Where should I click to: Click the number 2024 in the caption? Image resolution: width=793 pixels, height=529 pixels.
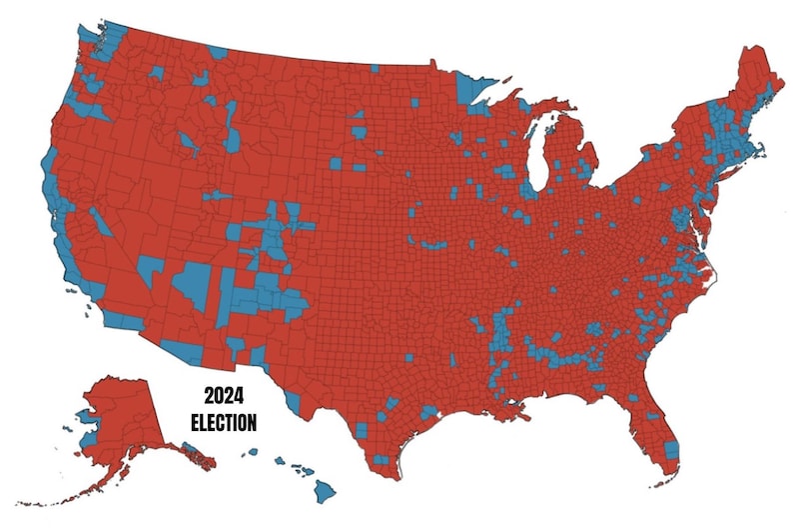(x=223, y=397)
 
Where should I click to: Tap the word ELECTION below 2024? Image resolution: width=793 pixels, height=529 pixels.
(x=223, y=421)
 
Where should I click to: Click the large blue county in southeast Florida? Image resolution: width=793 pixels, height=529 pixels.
(x=671, y=450)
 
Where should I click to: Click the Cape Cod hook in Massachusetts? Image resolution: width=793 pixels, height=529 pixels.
(x=761, y=150)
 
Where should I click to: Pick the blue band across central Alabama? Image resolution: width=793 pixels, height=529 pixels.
(x=564, y=355)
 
